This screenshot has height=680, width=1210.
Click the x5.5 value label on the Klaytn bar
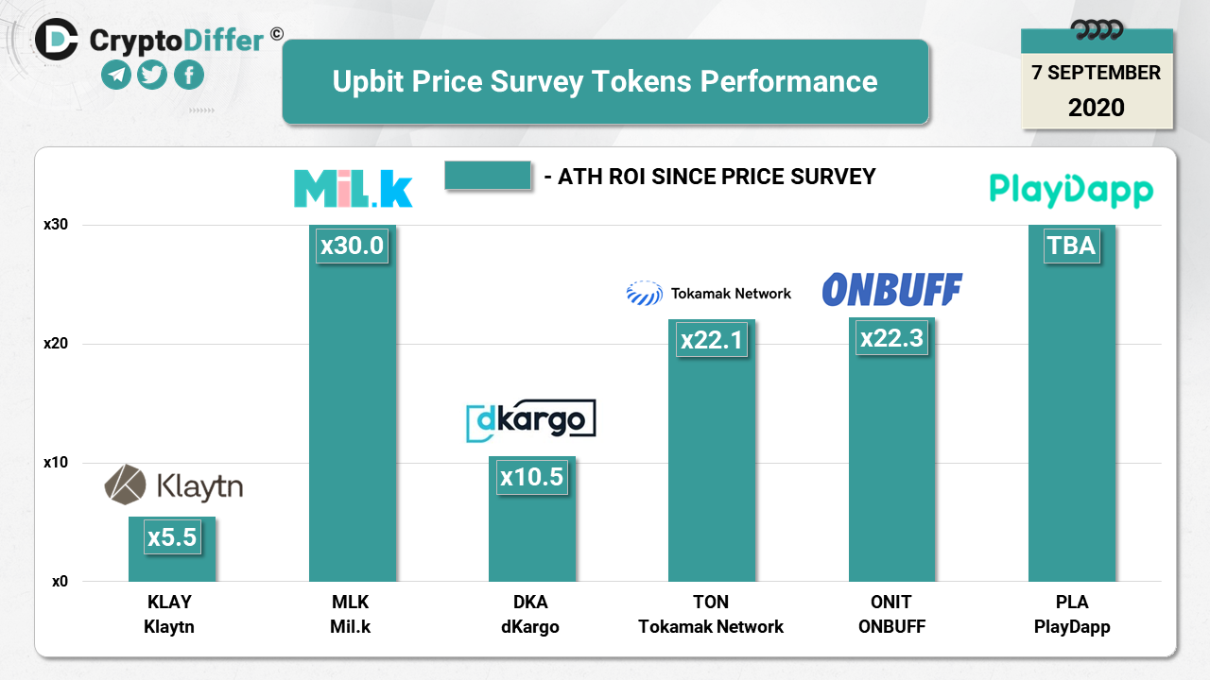click(x=172, y=537)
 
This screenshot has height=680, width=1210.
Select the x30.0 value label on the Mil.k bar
click(x=352, y=246)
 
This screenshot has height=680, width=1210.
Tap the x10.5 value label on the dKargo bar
click(x=531, y=477)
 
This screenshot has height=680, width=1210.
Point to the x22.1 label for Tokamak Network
click(x=712, y=339)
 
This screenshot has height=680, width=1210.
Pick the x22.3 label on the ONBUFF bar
click(x=891, y=338)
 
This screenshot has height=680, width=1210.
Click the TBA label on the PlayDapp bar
click(x=1071, y=246)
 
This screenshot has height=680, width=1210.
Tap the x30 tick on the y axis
click(x=56, y=225)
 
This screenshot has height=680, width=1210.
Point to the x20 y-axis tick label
click(x=56, y=344)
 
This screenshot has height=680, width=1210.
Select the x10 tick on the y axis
click(x=56, y=463)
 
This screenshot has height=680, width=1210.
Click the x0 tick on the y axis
click(x=60, y=582)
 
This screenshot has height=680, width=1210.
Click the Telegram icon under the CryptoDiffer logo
click(x=116, y=75)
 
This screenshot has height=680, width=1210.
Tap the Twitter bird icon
click(x=152, y=75)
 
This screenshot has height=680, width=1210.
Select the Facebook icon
click(x=189, y=75)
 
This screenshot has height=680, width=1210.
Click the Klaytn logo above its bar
click(x=173, y=485)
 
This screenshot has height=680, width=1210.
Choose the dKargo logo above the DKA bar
click(x=531, y=420)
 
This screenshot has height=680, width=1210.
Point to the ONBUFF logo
click(x=891, y=290)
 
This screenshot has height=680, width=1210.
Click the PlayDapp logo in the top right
click(x=1071, y=190)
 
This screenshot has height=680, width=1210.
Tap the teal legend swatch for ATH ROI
click(x=487, y=176)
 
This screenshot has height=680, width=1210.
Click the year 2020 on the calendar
click(x=1097, y=108)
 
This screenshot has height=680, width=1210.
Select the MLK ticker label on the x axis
click(x=351, y=603)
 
